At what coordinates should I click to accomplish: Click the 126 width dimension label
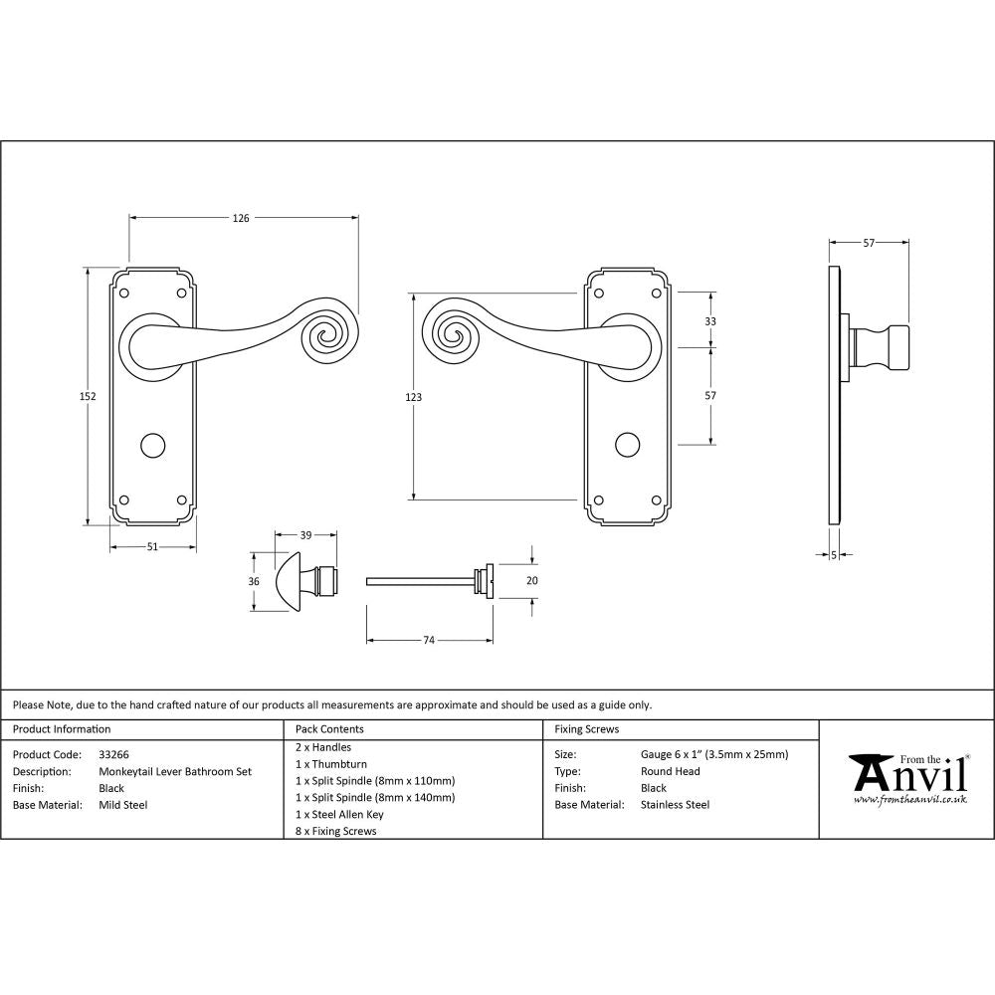click(241, 217)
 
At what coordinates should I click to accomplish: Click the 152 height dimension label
click(87, 396)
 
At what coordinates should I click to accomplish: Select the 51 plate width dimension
click(152, 545)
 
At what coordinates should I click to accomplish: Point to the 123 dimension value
click(414, 397)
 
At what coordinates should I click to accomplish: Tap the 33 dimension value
click(710, 321)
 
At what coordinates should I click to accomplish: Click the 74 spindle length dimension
click(429, 640)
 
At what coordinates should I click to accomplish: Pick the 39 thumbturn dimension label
click(306, 535)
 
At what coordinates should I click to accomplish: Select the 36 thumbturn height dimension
click(254, 581)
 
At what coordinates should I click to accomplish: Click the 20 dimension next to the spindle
click(531, 581)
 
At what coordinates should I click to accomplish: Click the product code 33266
click(113, 755)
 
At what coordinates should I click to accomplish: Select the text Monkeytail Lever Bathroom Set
click(175, 771)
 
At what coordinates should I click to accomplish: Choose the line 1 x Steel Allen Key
click(339, 814)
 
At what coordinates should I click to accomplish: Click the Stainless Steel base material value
click(675, 805)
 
